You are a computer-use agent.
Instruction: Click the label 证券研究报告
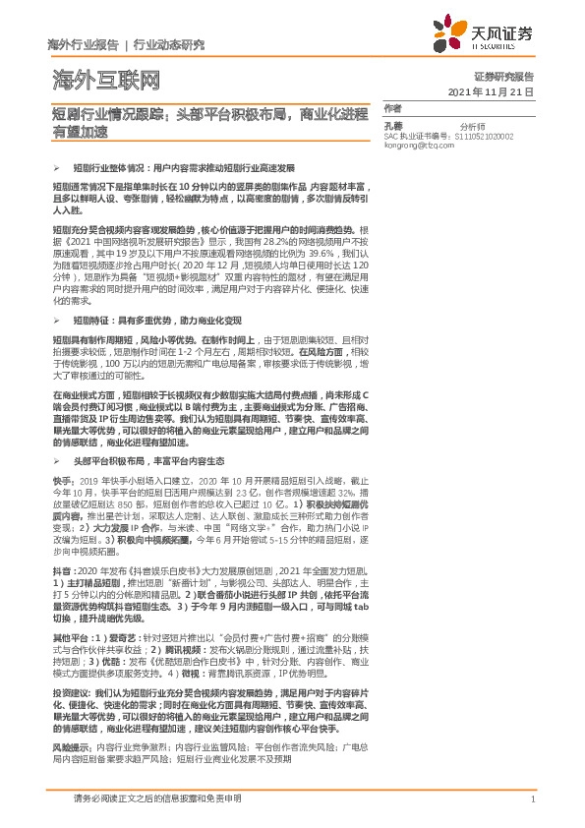503,76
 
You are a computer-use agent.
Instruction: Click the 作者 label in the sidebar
393,108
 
